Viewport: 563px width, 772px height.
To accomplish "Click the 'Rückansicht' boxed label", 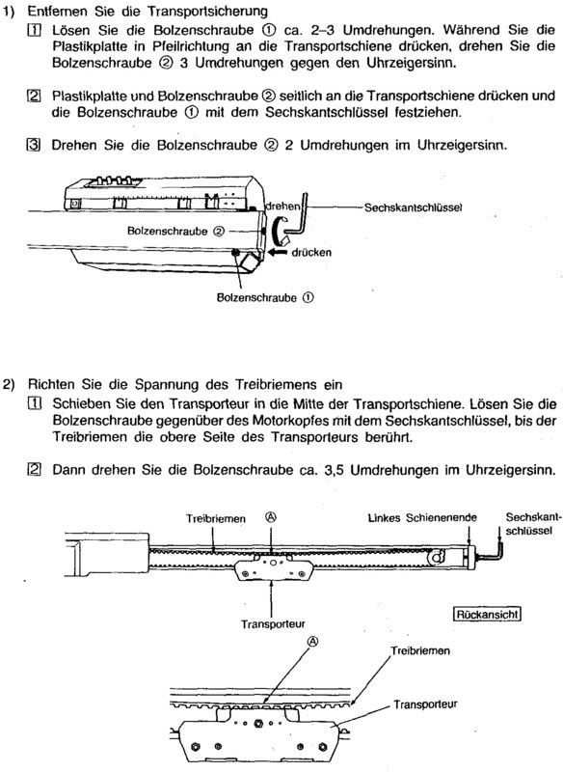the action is pyautogui.click(x=487, y=614).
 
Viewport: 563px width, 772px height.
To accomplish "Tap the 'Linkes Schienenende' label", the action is pyautogui.click(x=422, y=518).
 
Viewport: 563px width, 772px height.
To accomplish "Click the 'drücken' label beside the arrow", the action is pyautogui.click(x=311, y=253).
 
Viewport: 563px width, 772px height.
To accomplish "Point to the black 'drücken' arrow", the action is pyautogui.click(x=279, y=253).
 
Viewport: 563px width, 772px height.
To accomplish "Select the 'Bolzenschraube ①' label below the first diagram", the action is pyautogui.click(x=265, y=298).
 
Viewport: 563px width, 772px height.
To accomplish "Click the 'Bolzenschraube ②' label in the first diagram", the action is pyautogui.click(x=176, y=231).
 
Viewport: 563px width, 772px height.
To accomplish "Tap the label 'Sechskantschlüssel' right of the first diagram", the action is pyautogui.click(x=413, y=207).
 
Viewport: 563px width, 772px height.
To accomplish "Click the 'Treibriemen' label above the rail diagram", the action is pyautogui.click(x=215, y=518).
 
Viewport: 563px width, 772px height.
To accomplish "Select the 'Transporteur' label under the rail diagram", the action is pyautogui.click(x=273, y=623).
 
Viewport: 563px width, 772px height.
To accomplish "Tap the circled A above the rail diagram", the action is pyautogui.click(x=271, y=516).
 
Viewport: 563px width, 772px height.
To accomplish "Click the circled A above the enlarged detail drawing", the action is pyautogui.click(x=313, y=641).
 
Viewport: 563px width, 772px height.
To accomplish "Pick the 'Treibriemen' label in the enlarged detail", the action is pyautogui.click(x=420, y=650).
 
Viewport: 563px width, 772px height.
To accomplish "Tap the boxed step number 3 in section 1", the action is pyautogui.click(x=33, y=146).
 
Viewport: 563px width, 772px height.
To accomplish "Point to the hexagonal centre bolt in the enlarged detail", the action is pyautogui.click(x=258, y=723).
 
